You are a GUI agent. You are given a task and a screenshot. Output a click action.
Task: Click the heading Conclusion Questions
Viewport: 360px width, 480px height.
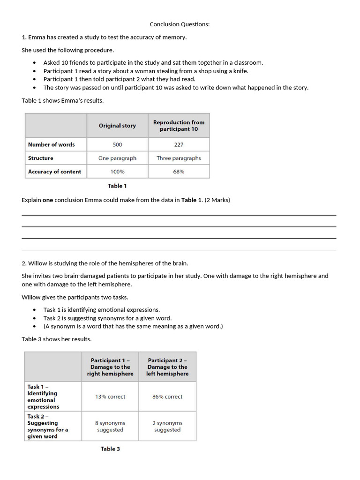180,24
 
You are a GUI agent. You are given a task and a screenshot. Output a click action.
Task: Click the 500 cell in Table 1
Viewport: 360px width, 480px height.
117,145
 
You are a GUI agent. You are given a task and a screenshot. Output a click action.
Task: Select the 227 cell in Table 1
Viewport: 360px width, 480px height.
179,145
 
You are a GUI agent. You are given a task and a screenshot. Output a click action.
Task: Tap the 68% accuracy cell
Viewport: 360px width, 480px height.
179,172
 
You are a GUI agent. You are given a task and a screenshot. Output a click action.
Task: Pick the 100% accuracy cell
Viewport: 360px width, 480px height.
117,172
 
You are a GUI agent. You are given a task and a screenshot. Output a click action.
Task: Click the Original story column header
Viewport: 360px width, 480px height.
117,126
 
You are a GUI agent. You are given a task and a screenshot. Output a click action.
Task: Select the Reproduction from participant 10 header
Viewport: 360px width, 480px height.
179,126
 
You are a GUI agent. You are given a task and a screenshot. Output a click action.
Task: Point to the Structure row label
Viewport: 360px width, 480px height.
41,158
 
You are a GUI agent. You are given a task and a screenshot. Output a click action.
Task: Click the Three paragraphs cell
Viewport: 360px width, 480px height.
179,158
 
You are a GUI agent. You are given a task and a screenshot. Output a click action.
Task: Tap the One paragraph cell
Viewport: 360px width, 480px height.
117,158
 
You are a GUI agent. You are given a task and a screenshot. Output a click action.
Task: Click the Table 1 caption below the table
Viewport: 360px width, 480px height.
117,186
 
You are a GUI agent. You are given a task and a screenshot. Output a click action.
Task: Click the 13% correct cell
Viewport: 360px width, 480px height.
110,397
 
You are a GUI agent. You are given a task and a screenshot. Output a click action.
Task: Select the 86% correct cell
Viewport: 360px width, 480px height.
167,397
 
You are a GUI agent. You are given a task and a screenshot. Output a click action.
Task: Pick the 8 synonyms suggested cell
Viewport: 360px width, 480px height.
110,426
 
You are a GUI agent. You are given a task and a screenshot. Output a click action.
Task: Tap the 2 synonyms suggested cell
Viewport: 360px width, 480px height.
167,426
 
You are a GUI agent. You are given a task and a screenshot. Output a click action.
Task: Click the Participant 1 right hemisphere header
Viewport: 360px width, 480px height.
110,367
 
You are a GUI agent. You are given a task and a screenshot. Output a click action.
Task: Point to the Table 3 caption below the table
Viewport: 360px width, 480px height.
110,449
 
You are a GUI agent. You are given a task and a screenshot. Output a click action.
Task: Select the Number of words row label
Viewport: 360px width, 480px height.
51,145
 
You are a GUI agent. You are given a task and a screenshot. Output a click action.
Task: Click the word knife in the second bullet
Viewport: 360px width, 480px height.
240,71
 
